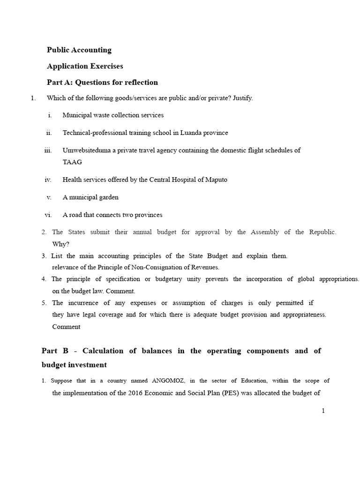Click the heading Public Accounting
(79, 50)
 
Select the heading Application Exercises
(85, 66)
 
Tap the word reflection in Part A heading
(140, 82)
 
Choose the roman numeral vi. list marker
(48, 215)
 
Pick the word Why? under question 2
(60, 244)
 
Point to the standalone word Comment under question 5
(66, 326)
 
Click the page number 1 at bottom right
(323, 411)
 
